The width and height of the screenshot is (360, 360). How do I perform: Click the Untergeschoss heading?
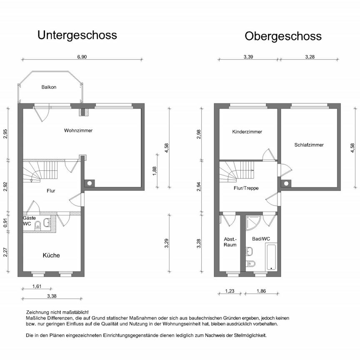pyautogui.click(x=77, y=35)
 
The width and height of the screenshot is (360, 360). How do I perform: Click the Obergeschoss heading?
pyautogui.click(x=283, y=36)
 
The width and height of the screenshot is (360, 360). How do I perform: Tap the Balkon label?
pyautogui.click(x=49, y=87)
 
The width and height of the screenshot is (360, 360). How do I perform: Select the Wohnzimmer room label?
pyautogui.click(x=78, y=130)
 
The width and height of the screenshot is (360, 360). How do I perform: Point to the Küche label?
pyautogui.click(x=51, y=255)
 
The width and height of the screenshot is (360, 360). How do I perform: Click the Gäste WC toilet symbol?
pyautogui.click(x=37, y=225)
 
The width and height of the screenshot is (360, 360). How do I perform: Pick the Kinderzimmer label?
pyautogui.click(x=247, y=132)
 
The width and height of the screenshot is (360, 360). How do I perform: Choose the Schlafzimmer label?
pyautogui.click(x=309, y=145)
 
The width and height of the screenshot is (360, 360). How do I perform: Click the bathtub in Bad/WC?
pyautogui.click(x=271, y=256)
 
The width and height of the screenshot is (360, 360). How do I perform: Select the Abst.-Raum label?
pyautogui.click(x=230, y=242)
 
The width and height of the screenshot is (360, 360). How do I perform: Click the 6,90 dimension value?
pyautogui.click(x=82, y=57)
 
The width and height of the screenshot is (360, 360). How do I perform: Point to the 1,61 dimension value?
pyautogui.click(x=37, y=286)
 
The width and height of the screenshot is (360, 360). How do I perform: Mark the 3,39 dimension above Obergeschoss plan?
pyautogui.click(x=248, y=57)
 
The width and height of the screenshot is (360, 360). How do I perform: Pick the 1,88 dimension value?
pyautogui.click(x=154, y=171)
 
